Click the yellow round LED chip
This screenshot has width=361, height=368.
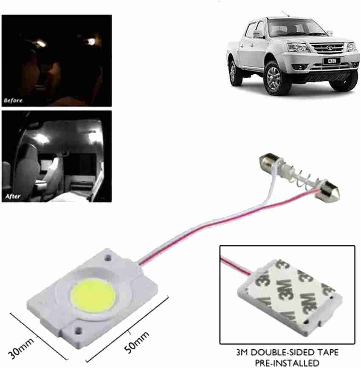click(93, 296)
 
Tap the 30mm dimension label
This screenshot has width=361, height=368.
click(21, 348)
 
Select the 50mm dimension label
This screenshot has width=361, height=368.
click(136, 342)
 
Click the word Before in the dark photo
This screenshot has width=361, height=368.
click(13, 101)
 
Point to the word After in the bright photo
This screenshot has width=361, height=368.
click(13, 196)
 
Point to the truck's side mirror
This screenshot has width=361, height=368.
click(258, 34)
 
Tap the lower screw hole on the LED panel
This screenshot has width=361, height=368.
click(78, 331)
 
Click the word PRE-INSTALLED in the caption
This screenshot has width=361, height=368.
click(287, 363)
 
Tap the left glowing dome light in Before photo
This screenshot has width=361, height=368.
click(41, 43)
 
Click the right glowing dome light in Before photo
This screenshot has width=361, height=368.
click(91, 41)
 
